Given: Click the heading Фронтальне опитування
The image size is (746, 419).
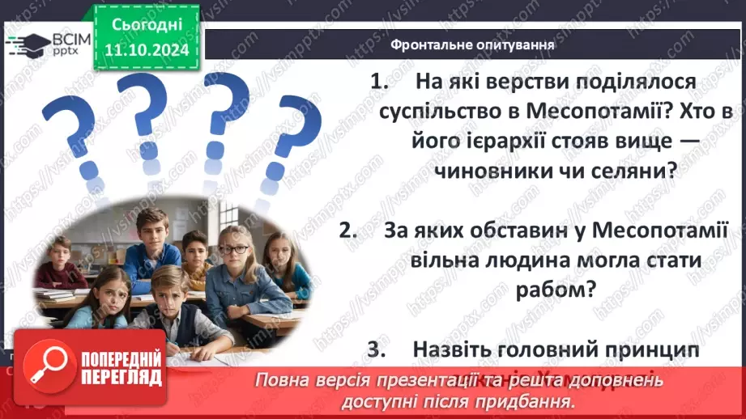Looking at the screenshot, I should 472,45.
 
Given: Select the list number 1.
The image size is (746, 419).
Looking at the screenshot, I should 377,82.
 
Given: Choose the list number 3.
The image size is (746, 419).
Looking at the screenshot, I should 374,349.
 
